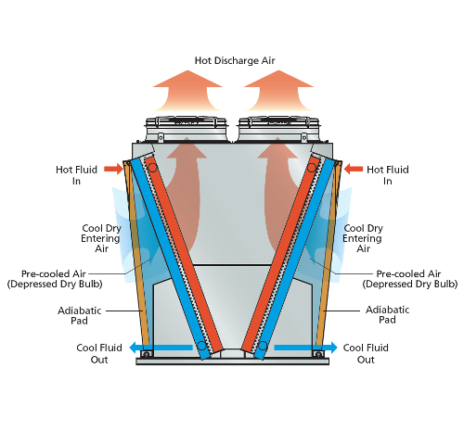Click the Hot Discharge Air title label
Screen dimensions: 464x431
pos(235,60)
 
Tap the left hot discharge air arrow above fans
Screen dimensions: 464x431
pos(187,91)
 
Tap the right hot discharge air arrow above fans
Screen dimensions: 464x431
pos(278,91)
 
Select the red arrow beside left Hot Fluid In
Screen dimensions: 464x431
pos(113,169)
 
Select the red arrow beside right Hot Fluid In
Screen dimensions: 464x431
pos(354,169)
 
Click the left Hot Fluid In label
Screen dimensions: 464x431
pos(76,175)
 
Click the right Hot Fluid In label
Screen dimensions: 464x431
pos(388,175)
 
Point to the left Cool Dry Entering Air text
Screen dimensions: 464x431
pos(101,238)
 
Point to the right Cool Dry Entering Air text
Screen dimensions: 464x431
pos(363,238)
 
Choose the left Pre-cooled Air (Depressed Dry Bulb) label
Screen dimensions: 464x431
pos(55,279)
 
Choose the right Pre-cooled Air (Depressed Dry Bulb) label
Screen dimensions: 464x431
pos(410,279)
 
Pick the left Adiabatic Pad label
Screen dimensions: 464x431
pos(80,315)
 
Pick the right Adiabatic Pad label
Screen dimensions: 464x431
pos(387,314)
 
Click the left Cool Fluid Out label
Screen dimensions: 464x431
pos(99,353)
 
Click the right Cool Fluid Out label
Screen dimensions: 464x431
pos(366,353)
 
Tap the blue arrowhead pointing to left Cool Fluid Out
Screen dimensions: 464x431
pos(133,348)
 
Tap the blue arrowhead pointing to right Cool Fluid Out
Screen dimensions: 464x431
pos(333,348)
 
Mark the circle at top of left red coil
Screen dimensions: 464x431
pos(152,168)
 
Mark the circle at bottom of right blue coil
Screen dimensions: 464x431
pos(263,346)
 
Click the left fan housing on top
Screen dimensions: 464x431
pos(187,129)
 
